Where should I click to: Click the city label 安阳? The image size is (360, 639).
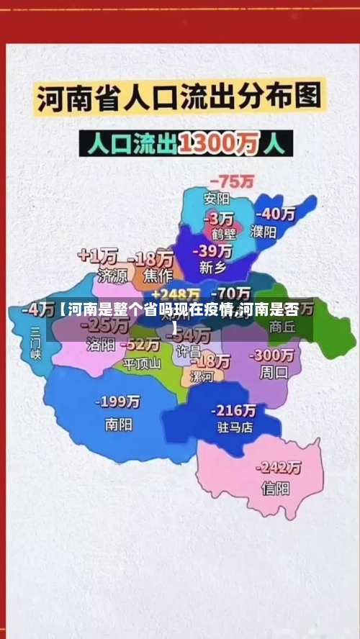[217, 199]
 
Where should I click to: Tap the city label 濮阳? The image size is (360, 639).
[264, 232]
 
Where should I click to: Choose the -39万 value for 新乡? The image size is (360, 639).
[214, 250]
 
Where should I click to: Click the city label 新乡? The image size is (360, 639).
[213, 268]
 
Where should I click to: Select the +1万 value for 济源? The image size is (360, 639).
[98, 255]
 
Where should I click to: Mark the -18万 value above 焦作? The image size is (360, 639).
[150, 258]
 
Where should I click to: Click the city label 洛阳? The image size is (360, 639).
[101, 344]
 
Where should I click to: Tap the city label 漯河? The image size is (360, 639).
[201, 376]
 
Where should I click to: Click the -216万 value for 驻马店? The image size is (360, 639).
[233, 410]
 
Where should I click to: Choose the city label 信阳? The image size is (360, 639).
[275, 488]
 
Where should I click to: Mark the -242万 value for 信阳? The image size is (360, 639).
[279, 468]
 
